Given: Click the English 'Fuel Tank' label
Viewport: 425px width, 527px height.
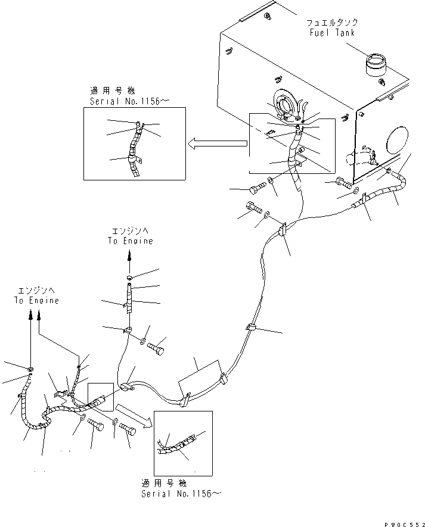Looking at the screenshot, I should (332, 33).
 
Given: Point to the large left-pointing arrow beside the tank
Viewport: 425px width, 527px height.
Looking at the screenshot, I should (218, 143).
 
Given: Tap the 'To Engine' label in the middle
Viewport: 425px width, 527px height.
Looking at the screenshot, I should (130, 241).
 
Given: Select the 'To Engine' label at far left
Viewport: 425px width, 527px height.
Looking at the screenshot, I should (36, 300).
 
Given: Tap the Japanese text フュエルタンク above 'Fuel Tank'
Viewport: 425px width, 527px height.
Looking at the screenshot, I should (332, 23).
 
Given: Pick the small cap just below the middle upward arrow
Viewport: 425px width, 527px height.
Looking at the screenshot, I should (130, 278).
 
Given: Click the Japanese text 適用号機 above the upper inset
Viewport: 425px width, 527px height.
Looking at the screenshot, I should (113, 91).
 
